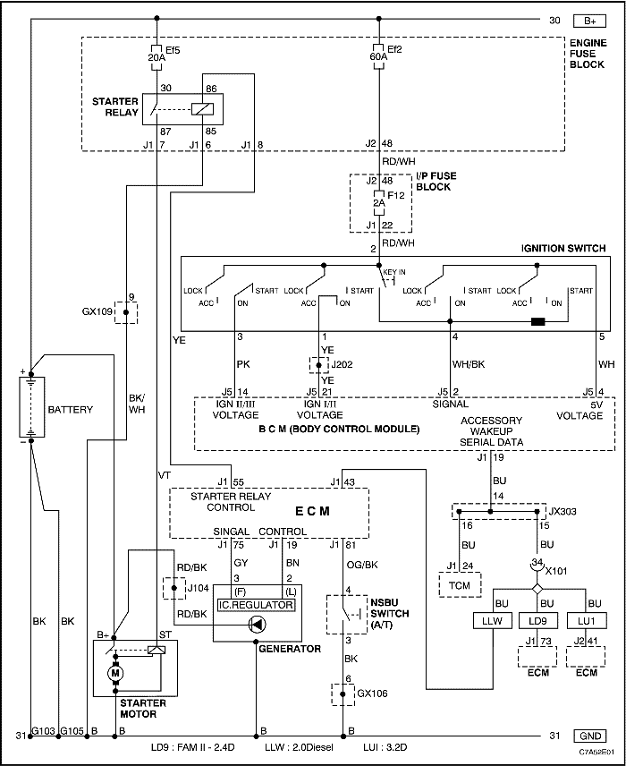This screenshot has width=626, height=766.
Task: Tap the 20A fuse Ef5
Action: point(156,57)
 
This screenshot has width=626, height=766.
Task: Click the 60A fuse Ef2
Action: point(378,55)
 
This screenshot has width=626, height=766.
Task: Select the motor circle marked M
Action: point(115,673)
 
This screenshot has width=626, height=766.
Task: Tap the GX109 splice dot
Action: point(126,312)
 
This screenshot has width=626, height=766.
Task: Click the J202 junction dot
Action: point(319,365)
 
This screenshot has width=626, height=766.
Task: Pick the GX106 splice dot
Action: point(343,694)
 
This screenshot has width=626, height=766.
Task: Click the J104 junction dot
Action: point(174,589)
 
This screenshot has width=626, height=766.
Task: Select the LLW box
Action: point(488,621)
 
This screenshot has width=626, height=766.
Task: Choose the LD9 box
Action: point(537,621)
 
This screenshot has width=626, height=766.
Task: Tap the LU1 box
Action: point(587,621)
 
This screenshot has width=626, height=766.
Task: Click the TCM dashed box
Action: point(459,584)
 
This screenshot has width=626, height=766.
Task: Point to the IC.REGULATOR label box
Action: point(256,605)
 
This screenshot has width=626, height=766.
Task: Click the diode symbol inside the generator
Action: point(257,624)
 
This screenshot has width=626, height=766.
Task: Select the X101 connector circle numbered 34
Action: point(537,564)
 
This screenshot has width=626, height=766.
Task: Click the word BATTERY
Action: point(71,409)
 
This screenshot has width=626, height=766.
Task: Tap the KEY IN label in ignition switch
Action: point(394,272)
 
